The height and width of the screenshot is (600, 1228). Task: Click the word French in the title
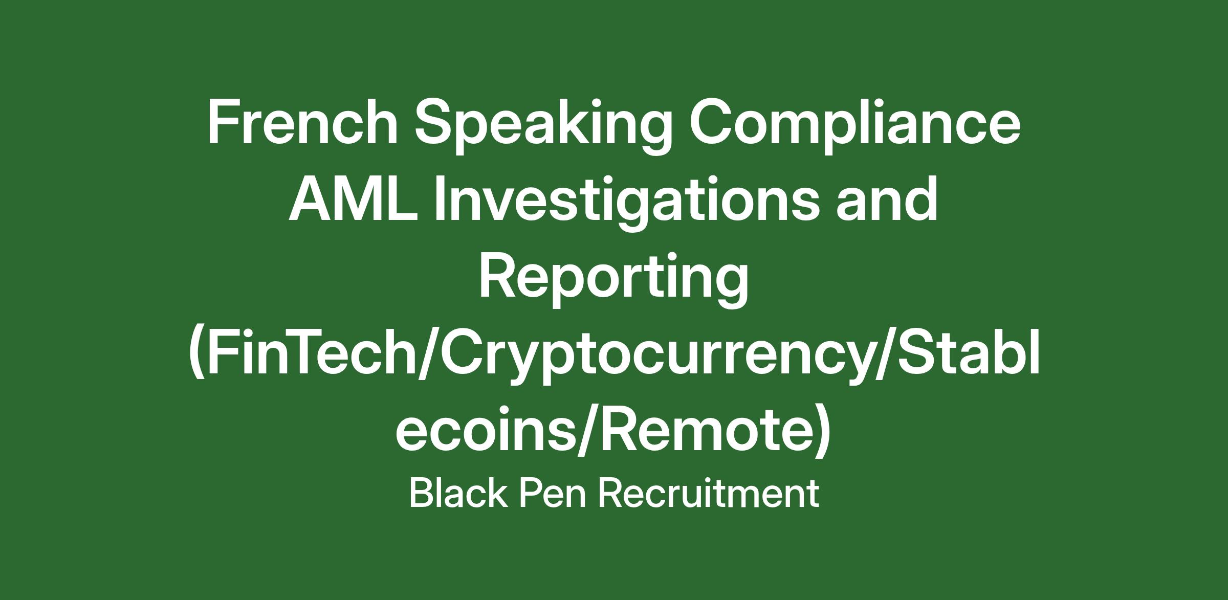tap(302, 123)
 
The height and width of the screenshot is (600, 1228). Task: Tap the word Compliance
tap(855, 127)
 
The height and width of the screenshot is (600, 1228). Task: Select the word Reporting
tap(613, 280)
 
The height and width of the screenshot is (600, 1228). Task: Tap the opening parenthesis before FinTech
tap(198, 356)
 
